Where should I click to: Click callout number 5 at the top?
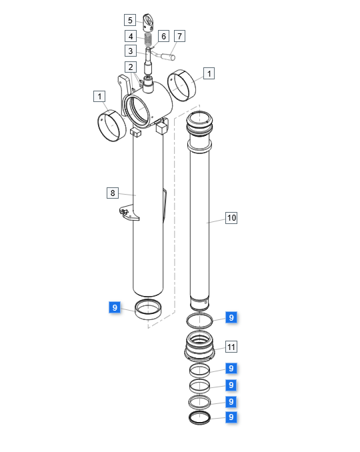tap(130, 20)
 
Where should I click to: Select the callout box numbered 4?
tap(131, 36)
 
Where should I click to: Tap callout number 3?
tap(131, 51)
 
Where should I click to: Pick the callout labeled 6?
tap(163, 36)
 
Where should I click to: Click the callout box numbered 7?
tap(179, 36)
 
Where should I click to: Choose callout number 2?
tap(131, 67)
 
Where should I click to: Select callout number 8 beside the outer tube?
tap(113, 193)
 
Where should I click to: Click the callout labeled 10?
tap(231, 217)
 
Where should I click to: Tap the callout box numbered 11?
tap(231, 347)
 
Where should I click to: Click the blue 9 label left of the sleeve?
tap(115, 307)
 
